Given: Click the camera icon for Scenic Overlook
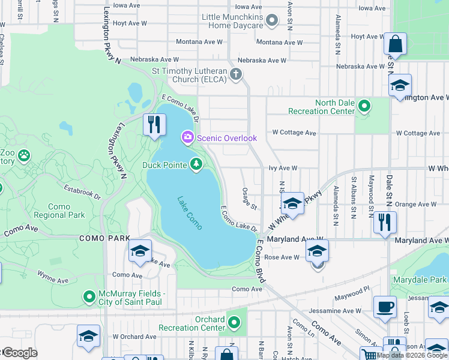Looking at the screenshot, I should [x=188, y=138].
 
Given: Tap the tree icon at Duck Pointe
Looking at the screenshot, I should [x=196, y=164].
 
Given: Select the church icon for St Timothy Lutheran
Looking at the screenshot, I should [x=236, y=74].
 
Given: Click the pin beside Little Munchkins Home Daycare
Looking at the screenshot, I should [x=272, y=21].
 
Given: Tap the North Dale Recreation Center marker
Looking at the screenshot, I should [x=364, y=107].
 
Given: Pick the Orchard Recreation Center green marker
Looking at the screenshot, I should [x=235, y=323].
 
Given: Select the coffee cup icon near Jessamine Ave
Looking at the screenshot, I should [x=384, y=307].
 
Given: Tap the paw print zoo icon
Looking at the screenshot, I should [x=23, y=156].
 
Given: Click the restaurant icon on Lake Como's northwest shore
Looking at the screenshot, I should [x=154, y=124].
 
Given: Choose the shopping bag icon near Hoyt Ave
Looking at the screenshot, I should [x=395, y=43].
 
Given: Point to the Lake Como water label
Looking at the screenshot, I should [x=190, y=212].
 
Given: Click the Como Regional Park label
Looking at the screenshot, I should [x=59, y=211].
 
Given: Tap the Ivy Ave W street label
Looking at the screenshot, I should [x=284, y=169].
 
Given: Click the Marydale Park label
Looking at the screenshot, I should [x=421, y=280].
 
